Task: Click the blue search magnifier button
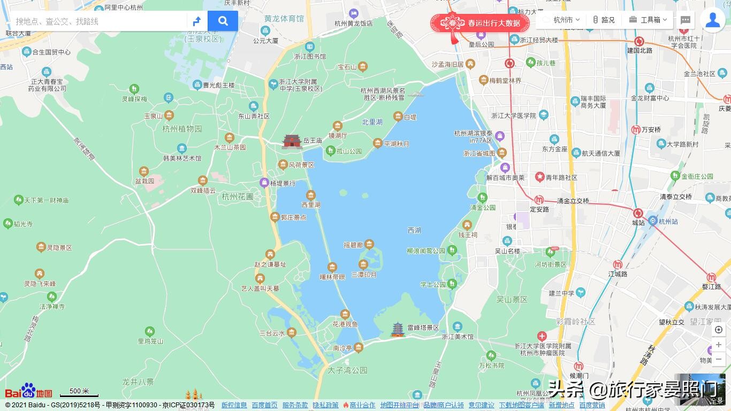[x=223, y=21]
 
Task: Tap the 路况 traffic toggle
[x=603, y=20]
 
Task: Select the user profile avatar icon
[x=713, y=20]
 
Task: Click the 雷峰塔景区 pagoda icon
[x=397, y=329]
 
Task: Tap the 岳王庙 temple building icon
[x=292, y=141]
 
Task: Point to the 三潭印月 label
[x=364, y=275]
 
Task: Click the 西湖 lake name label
[x=414, y=231]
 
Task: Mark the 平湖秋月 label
[x=396, y=144]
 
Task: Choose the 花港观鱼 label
[x=345, y=324]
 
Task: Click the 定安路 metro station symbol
[x=539, y=200]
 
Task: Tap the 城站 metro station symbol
[x=638, y=213]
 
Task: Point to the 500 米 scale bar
[x=79, y=392]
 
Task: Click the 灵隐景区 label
[x=59, y=248]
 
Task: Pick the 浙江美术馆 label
[x=458, y=337]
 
